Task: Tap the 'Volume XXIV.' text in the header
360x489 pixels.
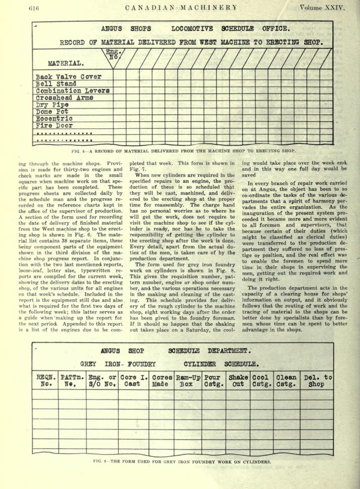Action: (323, 7)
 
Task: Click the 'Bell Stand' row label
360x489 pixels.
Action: (55, 83)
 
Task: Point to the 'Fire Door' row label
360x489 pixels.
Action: (54, 126)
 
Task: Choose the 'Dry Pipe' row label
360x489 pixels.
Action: (52, 105)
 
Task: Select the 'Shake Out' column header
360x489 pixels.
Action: (238, 381)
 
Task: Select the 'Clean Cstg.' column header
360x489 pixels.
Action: (286, 381)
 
